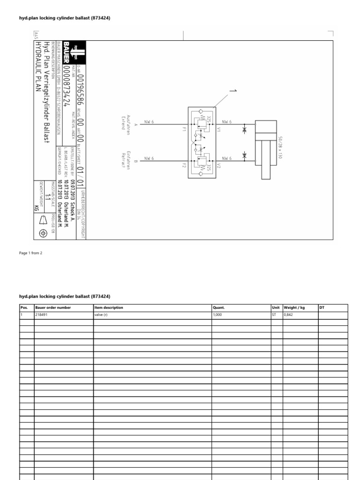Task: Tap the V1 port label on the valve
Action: pos(218,131)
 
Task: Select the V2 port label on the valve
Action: pos(218,166)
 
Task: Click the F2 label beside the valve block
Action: pos(185,165)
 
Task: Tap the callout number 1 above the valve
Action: pos(231,90)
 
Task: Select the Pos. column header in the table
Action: pos(24,308)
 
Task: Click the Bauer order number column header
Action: pos(53,308)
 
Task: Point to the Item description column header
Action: pos(109,308)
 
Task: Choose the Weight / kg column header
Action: pos(294,308)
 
